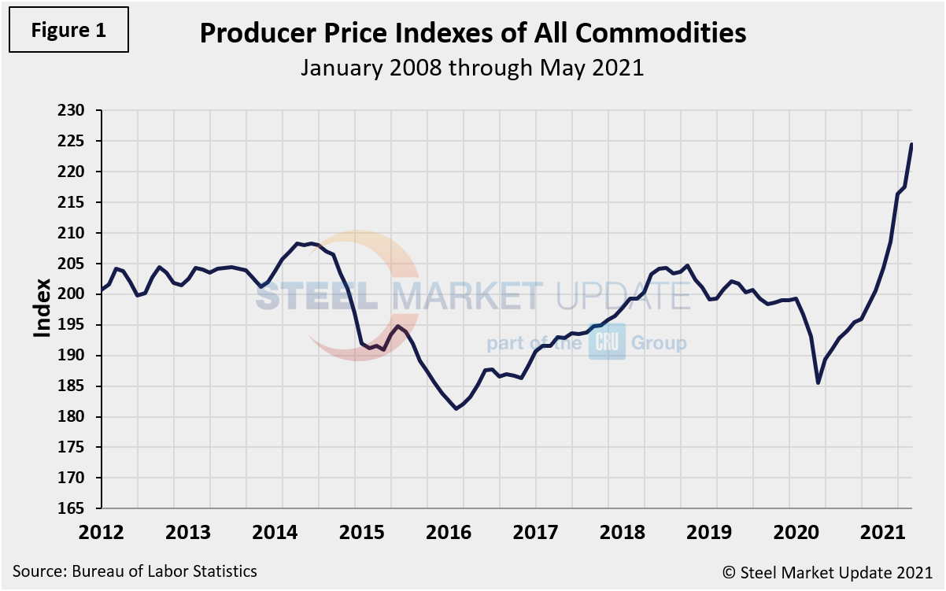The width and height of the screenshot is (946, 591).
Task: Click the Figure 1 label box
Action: [68, 31]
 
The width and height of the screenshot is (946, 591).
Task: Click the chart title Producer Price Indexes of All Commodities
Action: [472, 33]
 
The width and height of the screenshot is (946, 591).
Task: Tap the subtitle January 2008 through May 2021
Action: [472, 68]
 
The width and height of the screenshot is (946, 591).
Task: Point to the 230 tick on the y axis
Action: [79, 111]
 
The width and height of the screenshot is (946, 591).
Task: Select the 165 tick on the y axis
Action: [79, 509]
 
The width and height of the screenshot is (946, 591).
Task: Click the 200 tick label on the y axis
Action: [79, 294]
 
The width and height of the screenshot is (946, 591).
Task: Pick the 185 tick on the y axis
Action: [79, 386]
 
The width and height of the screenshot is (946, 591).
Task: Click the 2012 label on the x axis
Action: [102, 531]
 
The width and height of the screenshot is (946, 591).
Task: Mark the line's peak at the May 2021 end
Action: [911, 144]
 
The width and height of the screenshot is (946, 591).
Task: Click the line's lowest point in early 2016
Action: [457, 408]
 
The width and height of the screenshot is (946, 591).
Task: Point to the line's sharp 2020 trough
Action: [819, 382]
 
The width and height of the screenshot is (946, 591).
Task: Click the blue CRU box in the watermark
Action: [607, 344]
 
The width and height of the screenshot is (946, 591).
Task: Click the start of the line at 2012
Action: [102, 290]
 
